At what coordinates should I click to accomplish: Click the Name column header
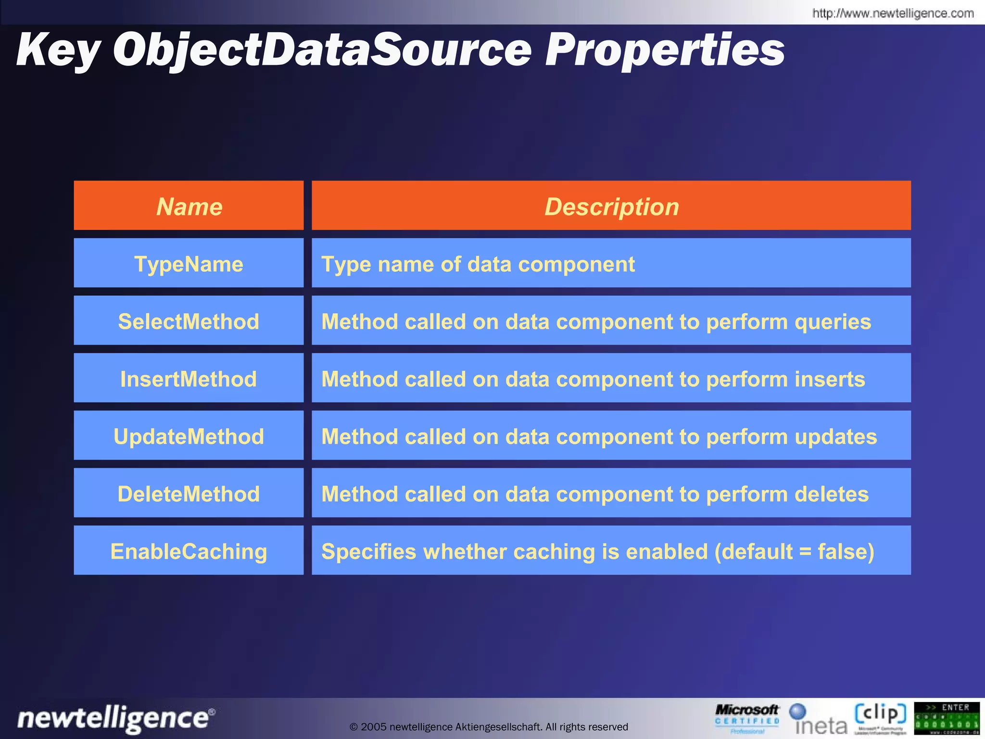(x=189, y=206)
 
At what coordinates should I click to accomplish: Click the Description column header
(x=611, y=206)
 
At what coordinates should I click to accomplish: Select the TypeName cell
(x=189, y=264)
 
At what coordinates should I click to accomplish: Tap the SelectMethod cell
(x=189, y=321)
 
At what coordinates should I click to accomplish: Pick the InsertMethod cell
(x=189, y=379)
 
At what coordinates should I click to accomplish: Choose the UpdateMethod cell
(x=189, y=436)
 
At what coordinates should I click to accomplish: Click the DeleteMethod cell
(x=189, y=494)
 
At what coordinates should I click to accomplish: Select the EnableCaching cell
(x=189, y=551)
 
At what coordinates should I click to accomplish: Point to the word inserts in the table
(x=830, y=379)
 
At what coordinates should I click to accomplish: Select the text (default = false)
(x=794, y=551)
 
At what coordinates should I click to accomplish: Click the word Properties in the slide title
(x=665, y=50)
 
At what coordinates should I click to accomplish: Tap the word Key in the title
(x=58, y=50)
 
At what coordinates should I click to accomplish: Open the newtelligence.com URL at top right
(x=893, y=13)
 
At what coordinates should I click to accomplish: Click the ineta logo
(x=819, y=720)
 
